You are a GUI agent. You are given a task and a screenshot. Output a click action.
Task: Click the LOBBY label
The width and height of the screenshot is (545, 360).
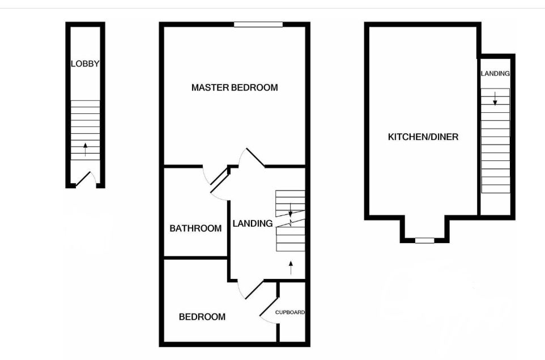tap(85, 64)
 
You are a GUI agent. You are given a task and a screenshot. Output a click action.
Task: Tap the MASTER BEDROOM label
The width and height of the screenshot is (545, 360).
tap(235, 87)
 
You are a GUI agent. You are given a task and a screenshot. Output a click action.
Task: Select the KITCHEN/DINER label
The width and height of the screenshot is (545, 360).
tap(423, 137)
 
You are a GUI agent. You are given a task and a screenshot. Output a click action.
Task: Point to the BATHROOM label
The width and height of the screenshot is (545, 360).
tap(195, 228)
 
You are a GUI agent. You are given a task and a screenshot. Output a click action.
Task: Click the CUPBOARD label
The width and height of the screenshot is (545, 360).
tap(290, 312)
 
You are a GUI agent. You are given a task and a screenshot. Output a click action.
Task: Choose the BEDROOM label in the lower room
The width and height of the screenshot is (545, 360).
tap(202, 317)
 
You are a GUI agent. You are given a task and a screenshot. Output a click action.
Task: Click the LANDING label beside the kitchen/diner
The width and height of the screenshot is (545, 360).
tap(495, 74)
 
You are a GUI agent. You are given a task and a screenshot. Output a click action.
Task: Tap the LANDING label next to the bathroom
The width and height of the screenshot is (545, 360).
tap(252, 223)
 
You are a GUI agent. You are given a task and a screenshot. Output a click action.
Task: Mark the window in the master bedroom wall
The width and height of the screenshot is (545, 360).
tap(258, 24)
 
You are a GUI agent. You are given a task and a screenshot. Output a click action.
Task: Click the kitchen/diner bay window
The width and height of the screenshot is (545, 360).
tap(424, 240)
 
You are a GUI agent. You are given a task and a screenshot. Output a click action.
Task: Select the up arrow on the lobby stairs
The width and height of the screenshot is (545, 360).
tap(85, 149)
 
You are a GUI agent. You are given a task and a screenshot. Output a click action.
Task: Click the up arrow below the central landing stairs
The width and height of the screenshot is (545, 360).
tap(291, 267)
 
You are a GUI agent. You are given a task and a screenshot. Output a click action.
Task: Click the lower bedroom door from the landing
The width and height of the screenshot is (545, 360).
tap(250, 289)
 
